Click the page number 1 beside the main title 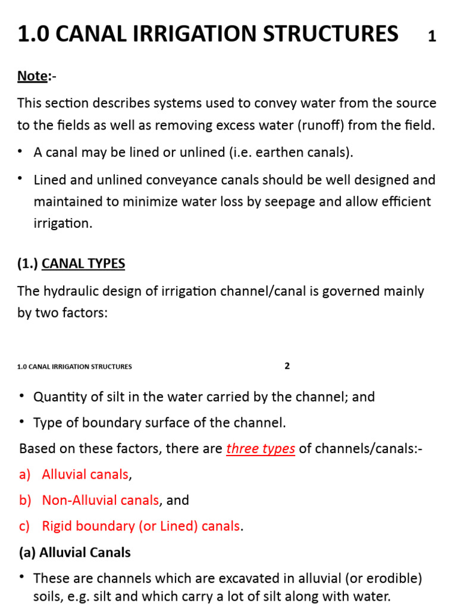click(432, 37)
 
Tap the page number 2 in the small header click(287, 366)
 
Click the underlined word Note click(32, 76)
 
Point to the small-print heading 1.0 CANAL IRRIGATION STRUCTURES click(74, 367)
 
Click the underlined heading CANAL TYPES click(83, 263)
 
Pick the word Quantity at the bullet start click(60, 397)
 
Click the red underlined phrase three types click(261, 448)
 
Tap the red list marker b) click(25, 500)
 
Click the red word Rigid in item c click(57, 526)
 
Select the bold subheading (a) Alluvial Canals click(74, 553)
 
